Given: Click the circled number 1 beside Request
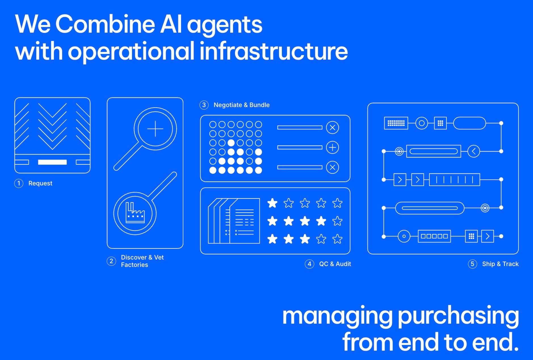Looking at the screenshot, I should click(x=19, y=183).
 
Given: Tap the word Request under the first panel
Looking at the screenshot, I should click(x=40, y=183).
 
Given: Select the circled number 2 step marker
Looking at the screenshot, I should click(x=111, y=261).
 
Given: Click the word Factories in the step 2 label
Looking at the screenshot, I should click(x=135, y=265).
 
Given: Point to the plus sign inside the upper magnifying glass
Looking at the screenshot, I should click(x=155, y=129).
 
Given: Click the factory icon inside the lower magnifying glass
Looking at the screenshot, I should click(x=135, y=213).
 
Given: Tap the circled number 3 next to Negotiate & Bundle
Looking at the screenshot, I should click(x=204, y=105).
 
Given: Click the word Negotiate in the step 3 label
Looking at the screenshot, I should click(x=227, y=105).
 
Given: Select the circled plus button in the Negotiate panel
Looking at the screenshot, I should click(x=332, y=147).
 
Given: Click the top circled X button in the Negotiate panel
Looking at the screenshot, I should click(x=332, y=127).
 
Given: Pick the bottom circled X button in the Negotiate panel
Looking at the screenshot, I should click(x=332, y=167).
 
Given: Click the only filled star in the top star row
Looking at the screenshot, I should click(x=272, y=203).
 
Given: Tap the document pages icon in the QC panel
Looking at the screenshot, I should click(x=234, y=221).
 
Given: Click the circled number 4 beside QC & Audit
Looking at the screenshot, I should click(x=309, y=264).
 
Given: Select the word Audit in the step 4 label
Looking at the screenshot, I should click(x=343, y=264).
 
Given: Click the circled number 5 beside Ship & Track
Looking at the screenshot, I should click(x=472, y=264).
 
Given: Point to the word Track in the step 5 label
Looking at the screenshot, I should click(x=510, y=264).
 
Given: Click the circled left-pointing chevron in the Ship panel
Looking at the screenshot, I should click(x=473, y=151).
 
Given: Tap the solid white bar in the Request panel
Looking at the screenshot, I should click(x=53, y=162).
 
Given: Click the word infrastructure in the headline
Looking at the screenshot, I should click(x=274, y=51).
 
